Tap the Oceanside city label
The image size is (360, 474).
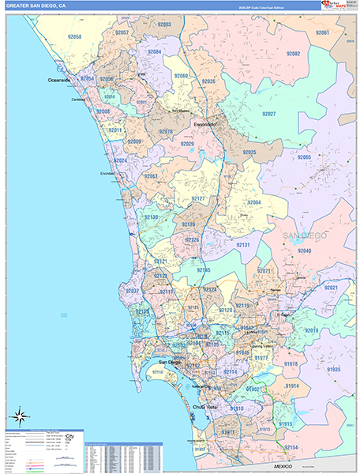click(58, 81)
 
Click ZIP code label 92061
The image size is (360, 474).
click(322, 33)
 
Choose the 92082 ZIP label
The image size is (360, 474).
click(293, 54)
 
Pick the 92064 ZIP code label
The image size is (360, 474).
click(254, 202)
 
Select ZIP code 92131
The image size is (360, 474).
click(243, 246)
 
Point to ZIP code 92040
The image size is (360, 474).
click(305, 250)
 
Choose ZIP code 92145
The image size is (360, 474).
click(204, 270)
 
